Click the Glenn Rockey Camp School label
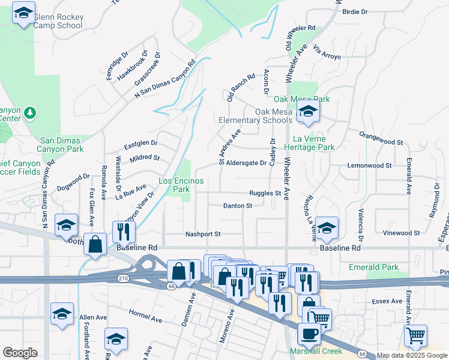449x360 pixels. coord(58,22)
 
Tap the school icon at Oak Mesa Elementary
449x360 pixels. coord(308,112)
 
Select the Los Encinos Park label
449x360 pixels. coord(181,185)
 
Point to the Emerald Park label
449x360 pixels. coord(373,267)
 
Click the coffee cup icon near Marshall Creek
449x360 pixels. coord(309,333)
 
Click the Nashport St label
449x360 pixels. coord(203,234)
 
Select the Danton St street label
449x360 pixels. coord(237,206)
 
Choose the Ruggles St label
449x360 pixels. coord(265,193)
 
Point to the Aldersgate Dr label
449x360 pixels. coord(246,163)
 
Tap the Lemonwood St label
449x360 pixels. coord(369,165)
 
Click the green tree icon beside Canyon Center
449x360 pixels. coord(30,112)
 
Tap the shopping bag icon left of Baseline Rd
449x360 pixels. coord(95,244)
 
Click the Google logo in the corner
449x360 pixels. coord(20,353)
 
